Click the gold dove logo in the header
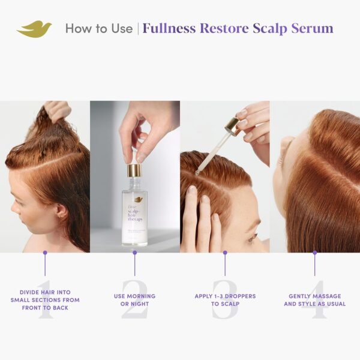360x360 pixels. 34,29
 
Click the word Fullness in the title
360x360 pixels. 170,28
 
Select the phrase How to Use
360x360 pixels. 98,28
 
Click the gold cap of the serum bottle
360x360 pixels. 134,171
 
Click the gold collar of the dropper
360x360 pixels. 231,125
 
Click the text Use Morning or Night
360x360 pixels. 134,300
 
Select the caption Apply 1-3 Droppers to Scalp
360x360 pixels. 225,300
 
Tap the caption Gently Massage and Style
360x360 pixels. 314,300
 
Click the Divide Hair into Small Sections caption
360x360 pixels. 45,300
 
